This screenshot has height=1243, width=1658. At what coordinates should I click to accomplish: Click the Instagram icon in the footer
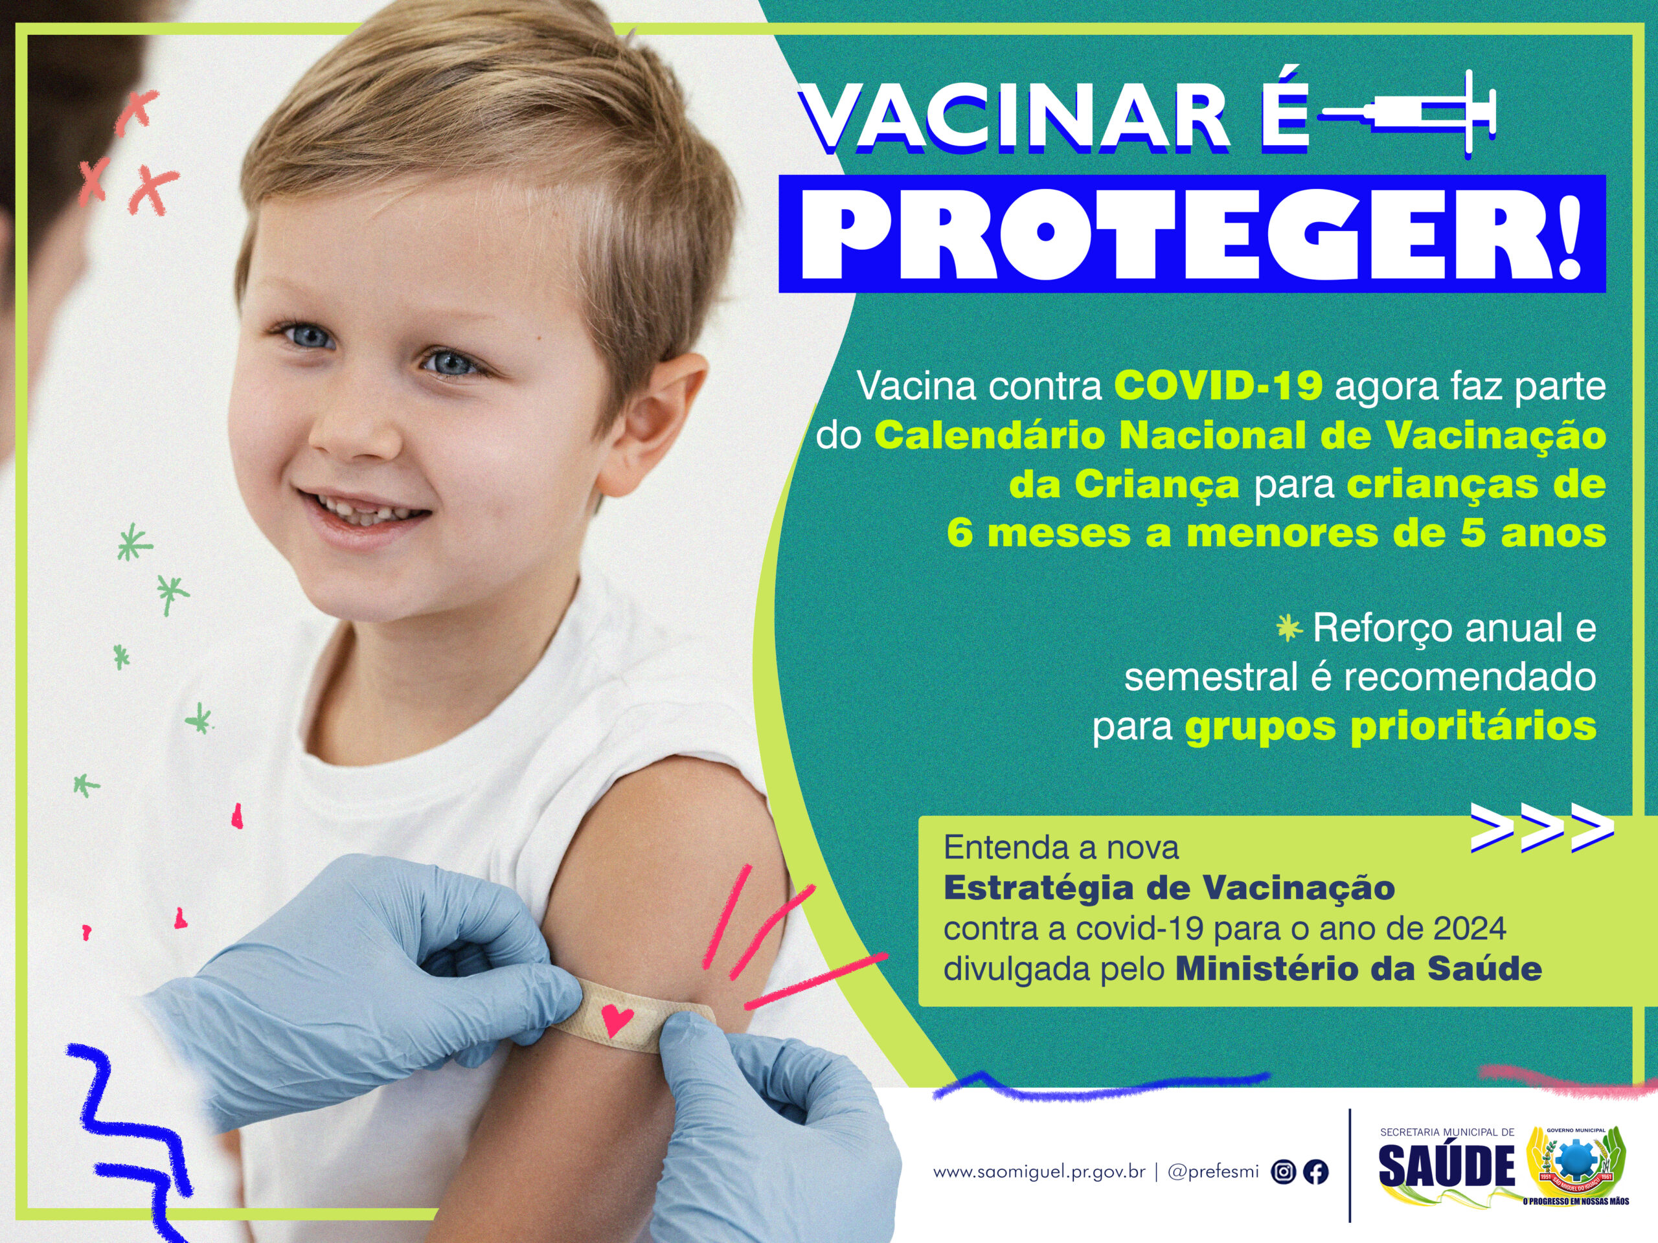pyautogui.click(x=1283, y=1172)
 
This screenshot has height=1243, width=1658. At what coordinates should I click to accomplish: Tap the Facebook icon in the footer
pyautogui.click(x=1316, y=1172)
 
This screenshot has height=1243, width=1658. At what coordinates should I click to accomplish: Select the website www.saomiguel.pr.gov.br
pyautogui.click(x=1039, y=1172)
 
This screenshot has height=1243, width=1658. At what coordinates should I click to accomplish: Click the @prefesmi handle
pyautogui.click(x=1214, y=1172)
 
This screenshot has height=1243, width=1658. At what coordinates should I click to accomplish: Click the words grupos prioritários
pyautogui.click(x=1391, y=727)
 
